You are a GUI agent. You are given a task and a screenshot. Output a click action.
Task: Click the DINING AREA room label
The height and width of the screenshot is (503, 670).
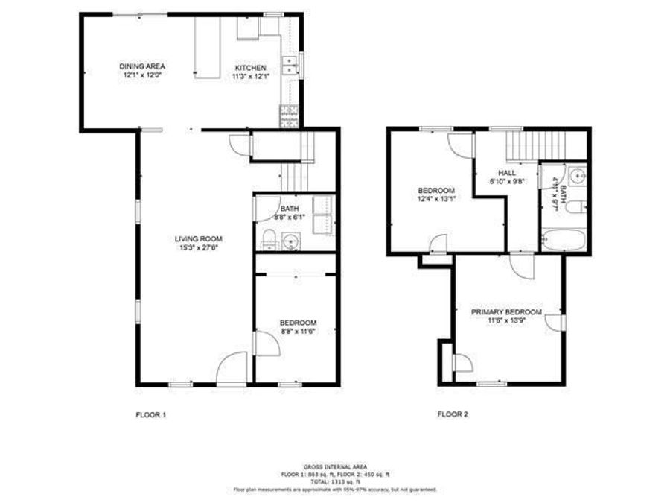(x=141, y=66)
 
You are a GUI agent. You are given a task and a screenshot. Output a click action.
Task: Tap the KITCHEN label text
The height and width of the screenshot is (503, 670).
(x=250, y=67)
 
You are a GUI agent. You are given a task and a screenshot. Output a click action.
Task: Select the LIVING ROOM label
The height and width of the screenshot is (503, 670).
(x=199, y=238)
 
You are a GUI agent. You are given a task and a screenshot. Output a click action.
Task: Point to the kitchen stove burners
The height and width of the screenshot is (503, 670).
(x=288, y=115)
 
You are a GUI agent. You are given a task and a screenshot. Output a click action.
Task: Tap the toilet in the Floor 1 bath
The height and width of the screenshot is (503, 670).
(x=268, y=239)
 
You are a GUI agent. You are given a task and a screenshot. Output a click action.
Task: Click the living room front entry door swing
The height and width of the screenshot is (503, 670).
(x=232, y=368)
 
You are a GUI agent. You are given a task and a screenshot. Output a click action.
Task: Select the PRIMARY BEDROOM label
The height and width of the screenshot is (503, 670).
(x=506, y=311)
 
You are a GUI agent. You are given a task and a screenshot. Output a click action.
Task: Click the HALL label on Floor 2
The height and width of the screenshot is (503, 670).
(x=507, y=172)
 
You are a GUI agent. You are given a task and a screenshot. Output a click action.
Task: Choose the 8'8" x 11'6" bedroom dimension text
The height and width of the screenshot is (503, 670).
(x=298, y=331)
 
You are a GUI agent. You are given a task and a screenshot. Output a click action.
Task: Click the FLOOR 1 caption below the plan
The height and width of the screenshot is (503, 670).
(x=150, y=414)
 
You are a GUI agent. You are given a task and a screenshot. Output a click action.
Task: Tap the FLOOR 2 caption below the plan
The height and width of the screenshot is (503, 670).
(x=452, y=414)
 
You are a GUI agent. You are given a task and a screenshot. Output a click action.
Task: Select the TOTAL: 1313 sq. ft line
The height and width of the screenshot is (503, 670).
(x=335, y=481)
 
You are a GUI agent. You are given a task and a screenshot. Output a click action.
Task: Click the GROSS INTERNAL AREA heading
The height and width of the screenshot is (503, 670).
(x=335, y=466)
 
